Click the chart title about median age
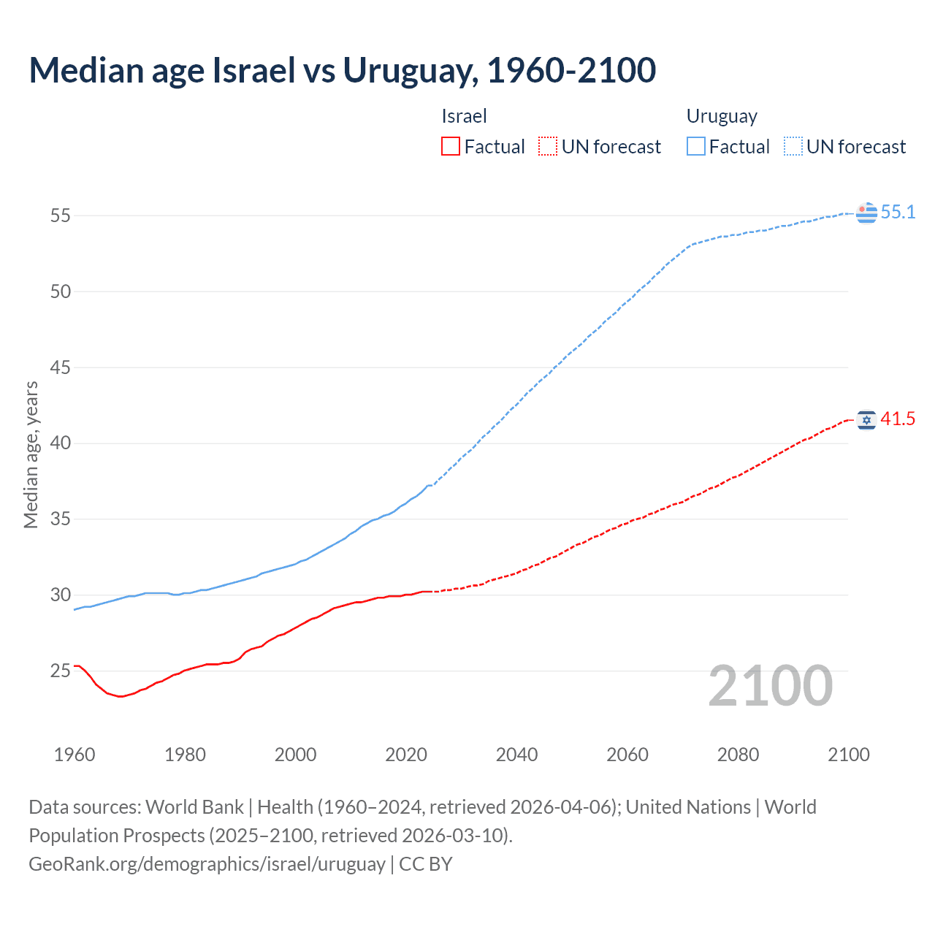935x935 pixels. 342,70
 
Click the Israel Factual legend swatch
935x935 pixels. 451,146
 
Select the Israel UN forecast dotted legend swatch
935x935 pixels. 548,146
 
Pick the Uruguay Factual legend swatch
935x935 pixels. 695,146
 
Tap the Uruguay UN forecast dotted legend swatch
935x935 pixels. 793,146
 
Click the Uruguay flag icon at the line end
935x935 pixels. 866,213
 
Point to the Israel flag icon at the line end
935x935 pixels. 866,419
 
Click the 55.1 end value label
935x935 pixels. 898,212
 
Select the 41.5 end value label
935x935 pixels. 898,419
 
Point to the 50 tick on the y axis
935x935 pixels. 61,291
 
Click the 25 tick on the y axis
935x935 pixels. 61,671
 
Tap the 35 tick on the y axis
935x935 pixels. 61,519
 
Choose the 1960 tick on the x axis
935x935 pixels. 75,755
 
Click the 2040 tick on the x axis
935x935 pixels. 516,755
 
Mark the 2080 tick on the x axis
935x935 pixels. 738,755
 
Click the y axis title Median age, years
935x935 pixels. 31,454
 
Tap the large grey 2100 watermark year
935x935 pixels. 770,685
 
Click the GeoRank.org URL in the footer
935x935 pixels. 207,863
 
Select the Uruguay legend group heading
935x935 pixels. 722,116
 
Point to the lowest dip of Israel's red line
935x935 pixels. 120,696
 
